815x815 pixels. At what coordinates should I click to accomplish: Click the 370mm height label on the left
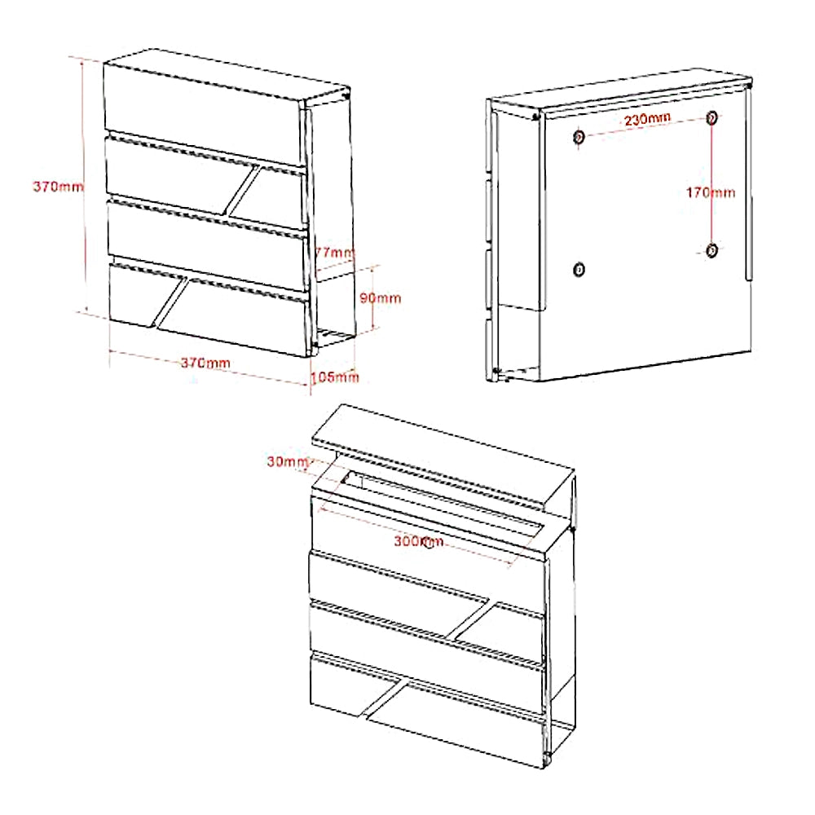[x=58, y=186]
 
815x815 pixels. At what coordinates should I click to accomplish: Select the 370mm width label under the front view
[x=205, y=363]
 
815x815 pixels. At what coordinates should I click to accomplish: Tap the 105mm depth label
[x=335, y=377]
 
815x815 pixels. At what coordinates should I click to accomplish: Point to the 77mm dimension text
[x=334, y=253]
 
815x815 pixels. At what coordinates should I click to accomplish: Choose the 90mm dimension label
[x=381, y=297]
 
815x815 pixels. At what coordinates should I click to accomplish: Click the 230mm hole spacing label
[x=647, y=120]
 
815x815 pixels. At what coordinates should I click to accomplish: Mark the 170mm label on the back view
[x=711, y=193]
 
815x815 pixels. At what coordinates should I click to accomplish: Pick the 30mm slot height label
[x=288, y=461]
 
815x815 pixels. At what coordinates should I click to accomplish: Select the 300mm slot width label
[x=418, y=541]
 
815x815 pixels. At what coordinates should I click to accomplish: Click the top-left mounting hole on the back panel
[x=579, y=137]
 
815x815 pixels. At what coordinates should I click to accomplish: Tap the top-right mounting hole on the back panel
[x=711, y=117]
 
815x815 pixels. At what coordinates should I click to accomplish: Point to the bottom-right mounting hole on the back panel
[x=712, y=250]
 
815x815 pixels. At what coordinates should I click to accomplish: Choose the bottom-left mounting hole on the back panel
[x=579, y=269]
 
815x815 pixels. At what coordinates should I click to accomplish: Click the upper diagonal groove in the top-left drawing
[x=243, y=191]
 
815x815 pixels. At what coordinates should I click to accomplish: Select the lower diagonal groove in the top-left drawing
[x=170, y=303]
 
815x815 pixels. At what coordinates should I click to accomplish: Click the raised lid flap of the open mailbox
[x=443, y=457]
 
